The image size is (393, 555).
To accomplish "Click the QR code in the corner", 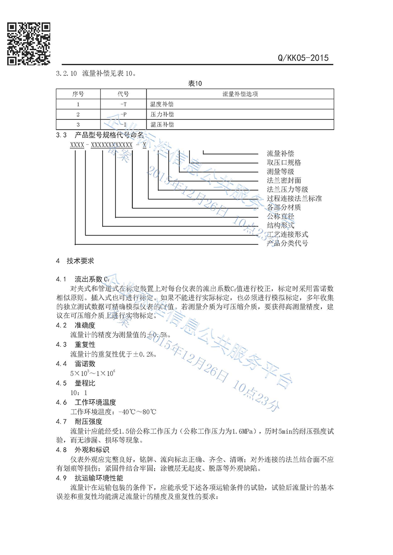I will pos(29,44).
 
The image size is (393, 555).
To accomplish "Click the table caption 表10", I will pos(195,83).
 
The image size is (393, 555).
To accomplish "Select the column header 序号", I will pos(78,94).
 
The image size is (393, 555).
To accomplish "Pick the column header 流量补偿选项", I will pos(240,94).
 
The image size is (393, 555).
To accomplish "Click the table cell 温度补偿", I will pos(162,104).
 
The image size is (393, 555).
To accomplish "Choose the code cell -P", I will pos(123,114).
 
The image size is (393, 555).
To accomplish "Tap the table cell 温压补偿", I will pos(162,124).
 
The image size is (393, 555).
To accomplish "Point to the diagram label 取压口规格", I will pos(284,162).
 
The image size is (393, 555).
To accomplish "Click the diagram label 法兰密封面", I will pos(284,180).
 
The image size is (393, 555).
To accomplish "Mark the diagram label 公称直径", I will pos(280,216).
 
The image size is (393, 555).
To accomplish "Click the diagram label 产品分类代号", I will pos(287,243).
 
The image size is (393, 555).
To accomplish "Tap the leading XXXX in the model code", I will pos(77,145).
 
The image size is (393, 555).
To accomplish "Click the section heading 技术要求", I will pos(80,261).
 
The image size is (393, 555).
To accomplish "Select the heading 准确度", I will pos(85,325).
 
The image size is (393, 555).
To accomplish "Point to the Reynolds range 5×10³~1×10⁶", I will pos(92,373).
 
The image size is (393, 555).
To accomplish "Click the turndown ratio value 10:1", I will pos(79,393).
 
